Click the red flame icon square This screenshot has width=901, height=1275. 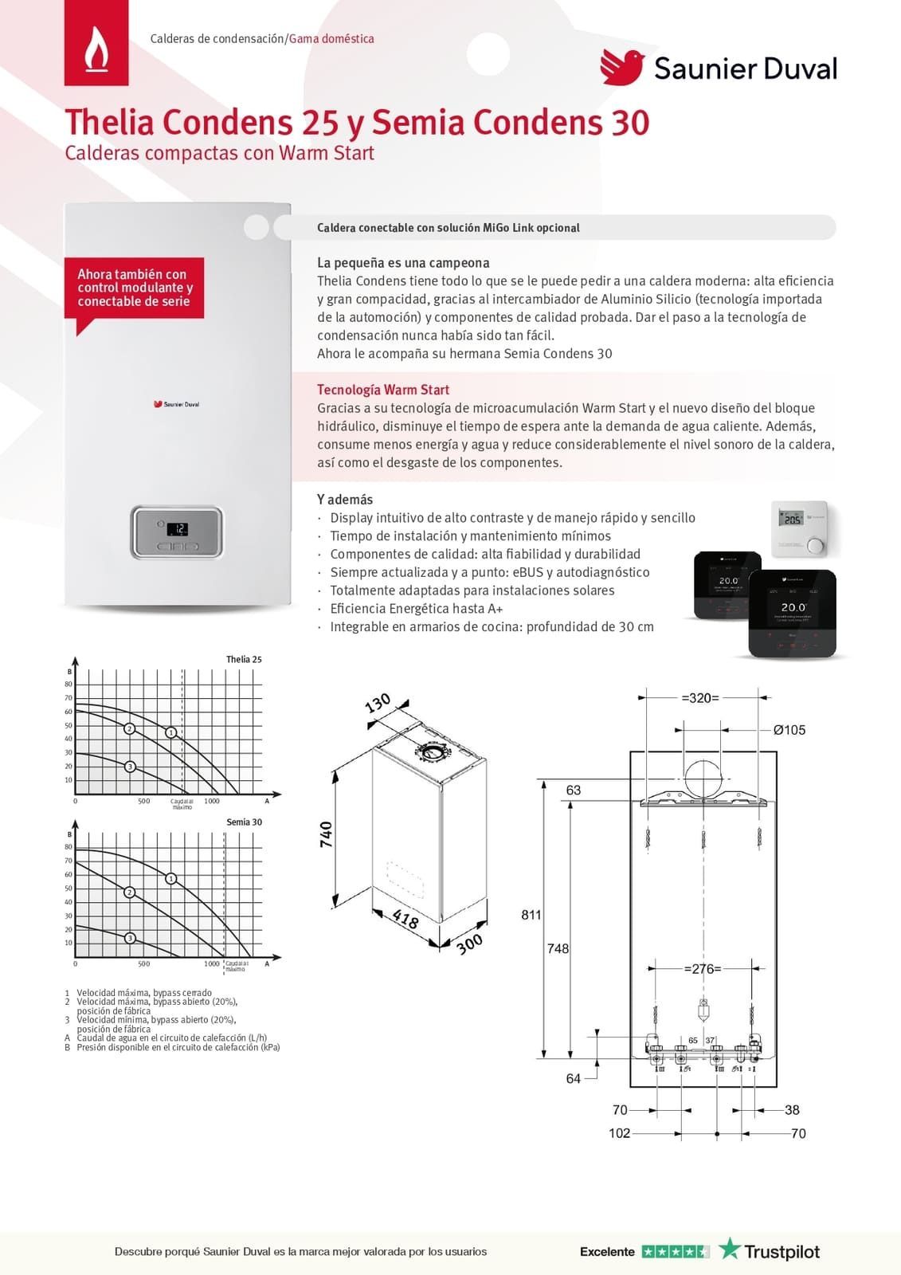click(96, 43)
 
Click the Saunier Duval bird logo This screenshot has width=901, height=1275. click(622, 67)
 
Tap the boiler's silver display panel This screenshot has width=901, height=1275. click(177, 532)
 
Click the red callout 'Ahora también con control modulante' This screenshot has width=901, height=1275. click(134, 288)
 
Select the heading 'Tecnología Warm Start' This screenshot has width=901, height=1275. click(383, 390)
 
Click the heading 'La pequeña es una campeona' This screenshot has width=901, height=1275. click(403, 263)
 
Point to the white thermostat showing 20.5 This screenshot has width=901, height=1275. click(800, 528)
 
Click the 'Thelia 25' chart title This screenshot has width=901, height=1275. click(244, 659)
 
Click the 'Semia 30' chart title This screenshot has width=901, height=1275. click(244, 822)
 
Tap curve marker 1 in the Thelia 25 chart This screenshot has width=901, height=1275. click(171, 732)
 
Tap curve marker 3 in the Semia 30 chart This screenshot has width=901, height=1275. click(130, 938)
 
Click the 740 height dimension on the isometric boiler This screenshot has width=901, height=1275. click(326, 834)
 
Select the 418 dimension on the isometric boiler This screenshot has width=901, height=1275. click(405, 920)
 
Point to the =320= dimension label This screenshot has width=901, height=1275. click(700, 698)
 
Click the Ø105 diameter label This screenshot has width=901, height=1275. click(789, 730)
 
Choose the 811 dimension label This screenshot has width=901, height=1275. click(531, 915)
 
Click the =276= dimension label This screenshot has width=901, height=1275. click(703, 969)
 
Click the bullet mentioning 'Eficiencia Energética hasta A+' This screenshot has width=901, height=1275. click(416, 609)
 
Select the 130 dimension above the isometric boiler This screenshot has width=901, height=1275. click(378, 704)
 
